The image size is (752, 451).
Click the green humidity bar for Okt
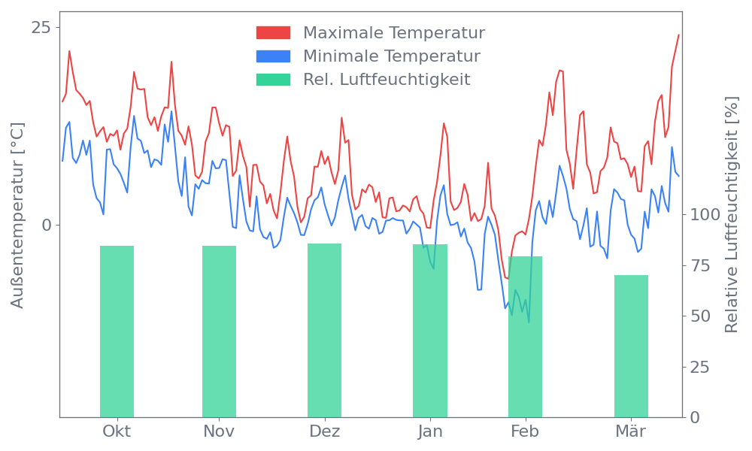[x=117, y=331]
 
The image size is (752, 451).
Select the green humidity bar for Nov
[x=219, y=331]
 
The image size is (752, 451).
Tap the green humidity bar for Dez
[x=324, y=330]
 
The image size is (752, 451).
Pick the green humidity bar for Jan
[x=430, y=330]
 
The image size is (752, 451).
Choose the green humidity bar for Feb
[x=525, y=336]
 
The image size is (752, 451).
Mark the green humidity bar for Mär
[x=631, y=346]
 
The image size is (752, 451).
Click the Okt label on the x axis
[x=117, y=431]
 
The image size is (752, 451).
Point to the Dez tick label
[x=325, y=431]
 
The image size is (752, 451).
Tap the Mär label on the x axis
[x=632, y=431]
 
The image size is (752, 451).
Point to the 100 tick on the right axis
[x=705, y=215]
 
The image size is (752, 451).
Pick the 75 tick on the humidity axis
[x=701, y=265]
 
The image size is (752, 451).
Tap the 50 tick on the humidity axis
[x=701, y=316]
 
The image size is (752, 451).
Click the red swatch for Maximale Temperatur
[x=273, y=33]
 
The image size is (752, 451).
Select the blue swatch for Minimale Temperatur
[x=273, y=56]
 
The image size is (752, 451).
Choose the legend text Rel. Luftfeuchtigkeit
[x=387, y=80]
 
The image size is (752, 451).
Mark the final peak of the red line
[x=678, y=35]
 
